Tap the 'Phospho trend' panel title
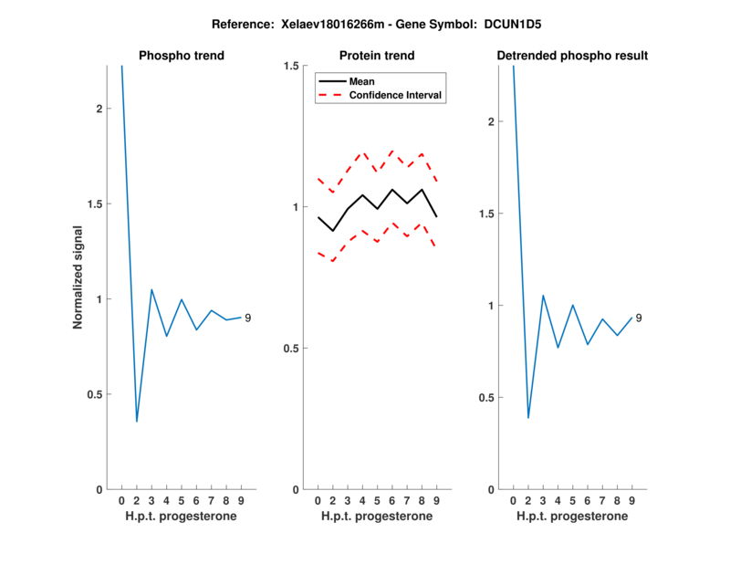tap(182, 56)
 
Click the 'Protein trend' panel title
tap(377, 56)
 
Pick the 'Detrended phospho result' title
tap(572, 56)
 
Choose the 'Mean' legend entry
tap(362, 81)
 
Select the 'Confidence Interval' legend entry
tap(396, 95)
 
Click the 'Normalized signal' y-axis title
tap(78, 277)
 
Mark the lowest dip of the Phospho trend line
tap(137, 421)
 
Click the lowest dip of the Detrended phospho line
tap(528, 418)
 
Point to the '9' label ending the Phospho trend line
tap(248, 318)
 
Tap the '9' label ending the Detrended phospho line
tap(639, 318)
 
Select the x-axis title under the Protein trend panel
tap(377, 517)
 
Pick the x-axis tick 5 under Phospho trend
tap(182, 501)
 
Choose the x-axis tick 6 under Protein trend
tap(392, 501)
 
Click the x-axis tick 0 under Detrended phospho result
tap(513, 501)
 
